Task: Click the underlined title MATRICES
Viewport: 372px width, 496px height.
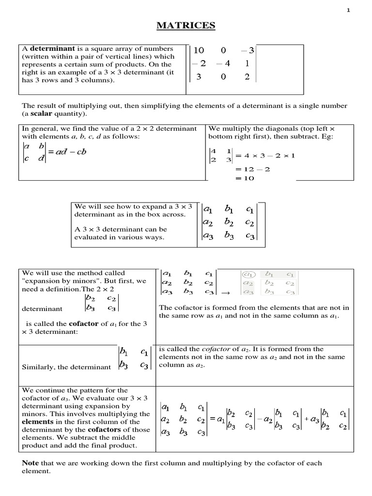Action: coord(186,26)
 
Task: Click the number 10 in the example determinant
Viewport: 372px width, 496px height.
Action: coord(199,50)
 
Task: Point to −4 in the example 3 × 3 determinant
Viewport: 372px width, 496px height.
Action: coord(223,63)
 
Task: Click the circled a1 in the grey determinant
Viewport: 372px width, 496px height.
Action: coord(247,275)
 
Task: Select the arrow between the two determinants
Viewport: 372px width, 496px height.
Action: coord(225,293)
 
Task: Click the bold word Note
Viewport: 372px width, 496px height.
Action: coord(31,463)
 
